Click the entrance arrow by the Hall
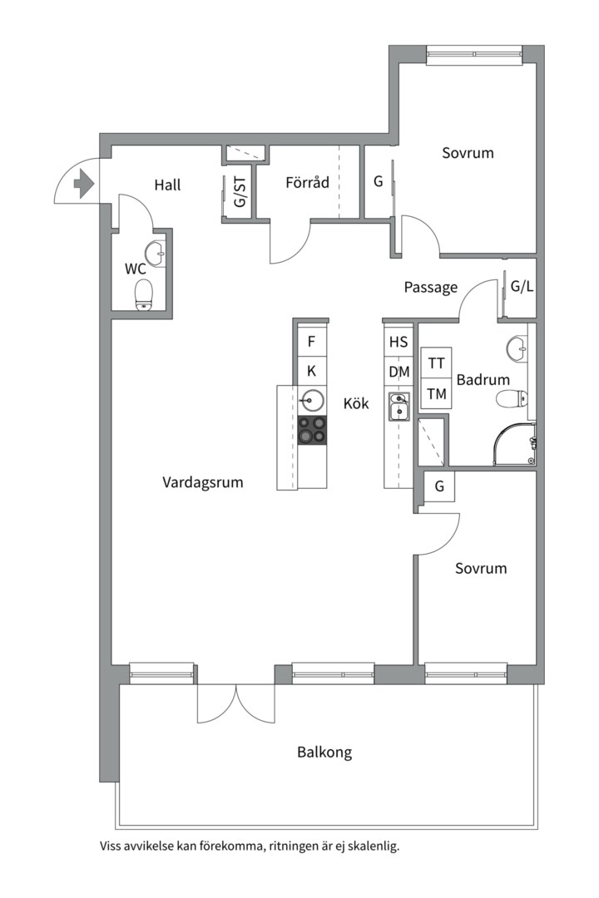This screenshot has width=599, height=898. pyautogui.click(x=84, y=184)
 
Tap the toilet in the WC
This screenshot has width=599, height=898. pyautogui.click(x=144, y=295)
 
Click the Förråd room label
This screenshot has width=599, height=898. pyautogui.click(x=307, y=183)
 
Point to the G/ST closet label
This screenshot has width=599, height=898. pyautogui.click(x=240, y=192)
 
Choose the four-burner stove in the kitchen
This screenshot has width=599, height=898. pyautogui.click(x=313, y=430)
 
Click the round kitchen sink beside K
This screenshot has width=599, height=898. pyautogui.click(x=313, y=400)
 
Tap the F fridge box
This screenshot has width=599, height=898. pyautogui.click(x=312, y=342)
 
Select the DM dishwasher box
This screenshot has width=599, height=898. pyautogui.click(x=399, y=373)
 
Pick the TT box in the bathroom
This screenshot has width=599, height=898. pyautogui.click(x=436, y=363)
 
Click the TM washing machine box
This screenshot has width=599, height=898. pyautogui.click(x=436, y=393)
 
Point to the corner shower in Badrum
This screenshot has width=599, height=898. pyautogui.click(x=515, y=444)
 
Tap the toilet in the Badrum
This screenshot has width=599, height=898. pyautogui.click(x=512, y=398)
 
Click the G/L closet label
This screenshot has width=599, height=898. pyautogui.click(x=522, y=286)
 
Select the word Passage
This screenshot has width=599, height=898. pyautogui.click(x=431, y=287)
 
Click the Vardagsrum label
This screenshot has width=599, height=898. pyautogui.click(x=203, y=482)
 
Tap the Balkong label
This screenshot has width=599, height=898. pyautogui.click(x=324, y=752)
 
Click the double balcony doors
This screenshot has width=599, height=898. pyautogui.click(x=235, y=703)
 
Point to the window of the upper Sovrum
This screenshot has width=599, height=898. pyautogui.click(x=474, y=55)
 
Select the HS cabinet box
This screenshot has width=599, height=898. pyautogui.click(x=399, y=342)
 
